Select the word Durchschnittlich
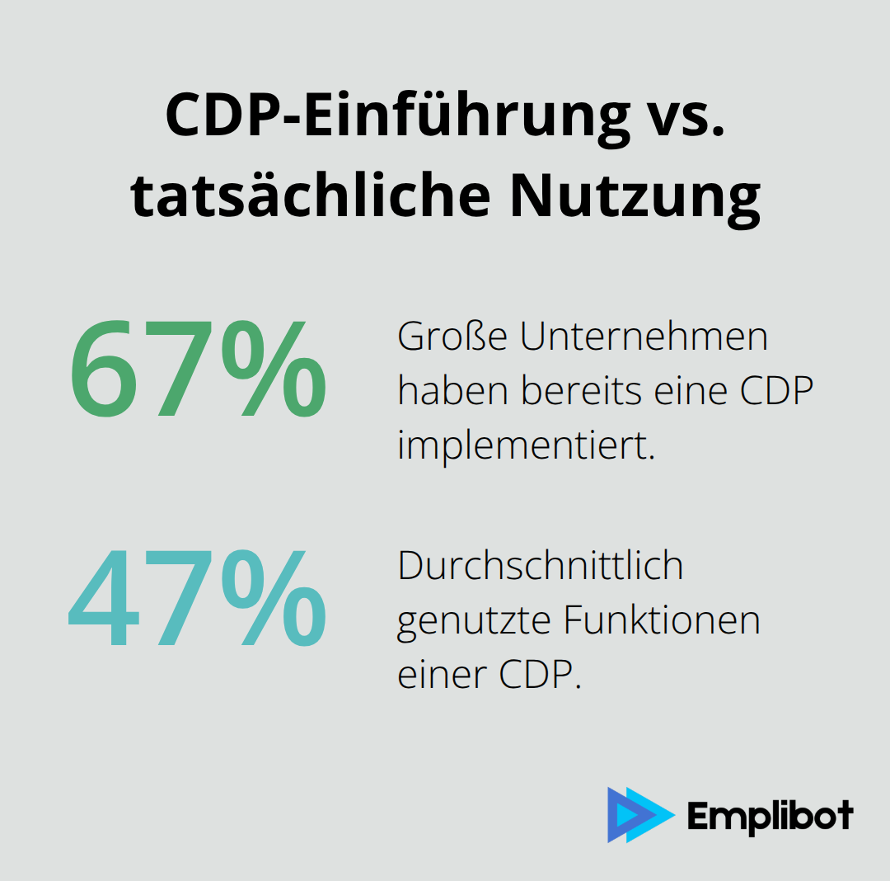pyautogui.click(x=541, y=567)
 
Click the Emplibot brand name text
pyautogui.click(x=770, y=817)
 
